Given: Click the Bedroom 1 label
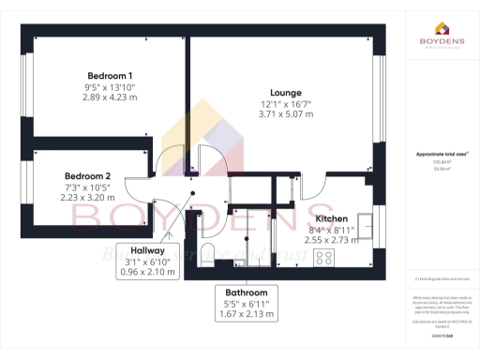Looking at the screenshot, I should coord(110,75).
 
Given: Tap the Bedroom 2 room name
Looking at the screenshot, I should coord(88,176).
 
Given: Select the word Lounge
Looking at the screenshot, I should coord(286,92).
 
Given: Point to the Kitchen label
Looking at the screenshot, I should coord(332,218).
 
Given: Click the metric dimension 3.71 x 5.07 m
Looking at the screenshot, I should coord(286,114).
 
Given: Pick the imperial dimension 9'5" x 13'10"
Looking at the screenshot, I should coord(110,86).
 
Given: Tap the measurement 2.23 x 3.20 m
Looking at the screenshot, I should coord(88,198).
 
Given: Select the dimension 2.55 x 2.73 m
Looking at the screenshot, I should coord(332,240).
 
